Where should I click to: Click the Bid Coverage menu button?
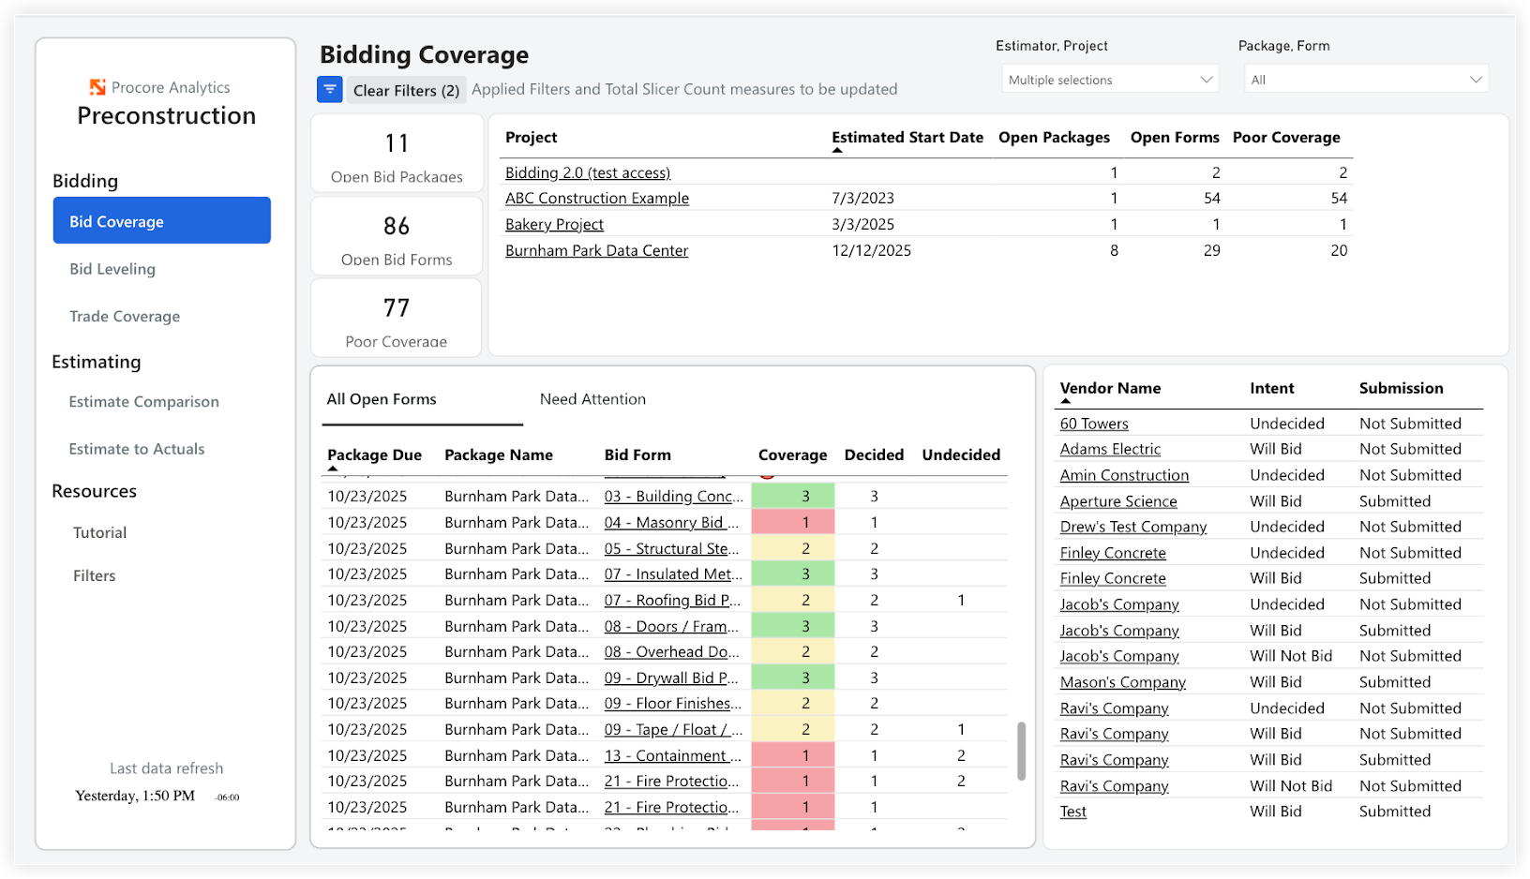161,221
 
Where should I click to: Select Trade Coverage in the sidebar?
125,317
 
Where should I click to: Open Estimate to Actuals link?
137,449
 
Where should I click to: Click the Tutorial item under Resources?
100,532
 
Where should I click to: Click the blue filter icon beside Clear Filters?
330,90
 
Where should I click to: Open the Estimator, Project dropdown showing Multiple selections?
1109,80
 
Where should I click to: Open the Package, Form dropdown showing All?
1365,80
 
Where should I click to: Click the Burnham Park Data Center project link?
596,250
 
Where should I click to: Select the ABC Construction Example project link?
596,198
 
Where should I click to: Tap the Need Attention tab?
592,399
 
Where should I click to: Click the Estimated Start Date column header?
907,138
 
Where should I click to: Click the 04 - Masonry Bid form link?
670,522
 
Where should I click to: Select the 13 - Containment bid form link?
672,755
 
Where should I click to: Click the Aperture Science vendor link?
1117,501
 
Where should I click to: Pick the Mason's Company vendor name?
1122,682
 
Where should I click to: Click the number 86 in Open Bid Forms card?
397,226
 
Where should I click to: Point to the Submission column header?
1401,388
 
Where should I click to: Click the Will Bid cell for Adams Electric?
1275,449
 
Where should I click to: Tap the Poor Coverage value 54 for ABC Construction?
1338,198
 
